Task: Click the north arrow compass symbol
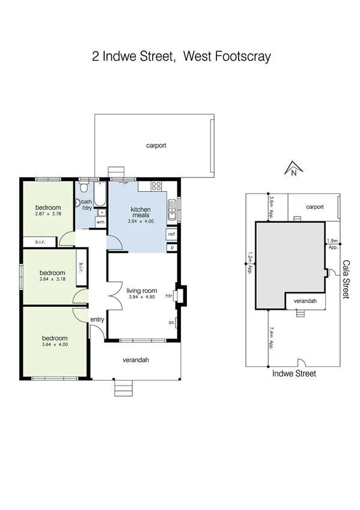[293, 169]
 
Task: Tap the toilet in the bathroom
[79, 203]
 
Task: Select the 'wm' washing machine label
[100, 222]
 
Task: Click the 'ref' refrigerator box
[171, 234]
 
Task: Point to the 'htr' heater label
[169, 296]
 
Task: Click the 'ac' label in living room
[171, 322]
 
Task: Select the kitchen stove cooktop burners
[157, 186]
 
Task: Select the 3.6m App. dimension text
[272, 206]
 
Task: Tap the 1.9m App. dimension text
[332, 244]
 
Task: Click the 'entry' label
[97, 319]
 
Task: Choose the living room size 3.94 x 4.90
[142, 297]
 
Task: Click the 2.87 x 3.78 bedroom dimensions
[48, 214]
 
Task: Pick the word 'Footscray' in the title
[243, 57]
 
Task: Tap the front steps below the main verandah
[124, 389]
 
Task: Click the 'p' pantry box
[172, 247]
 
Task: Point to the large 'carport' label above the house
[156, 146]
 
